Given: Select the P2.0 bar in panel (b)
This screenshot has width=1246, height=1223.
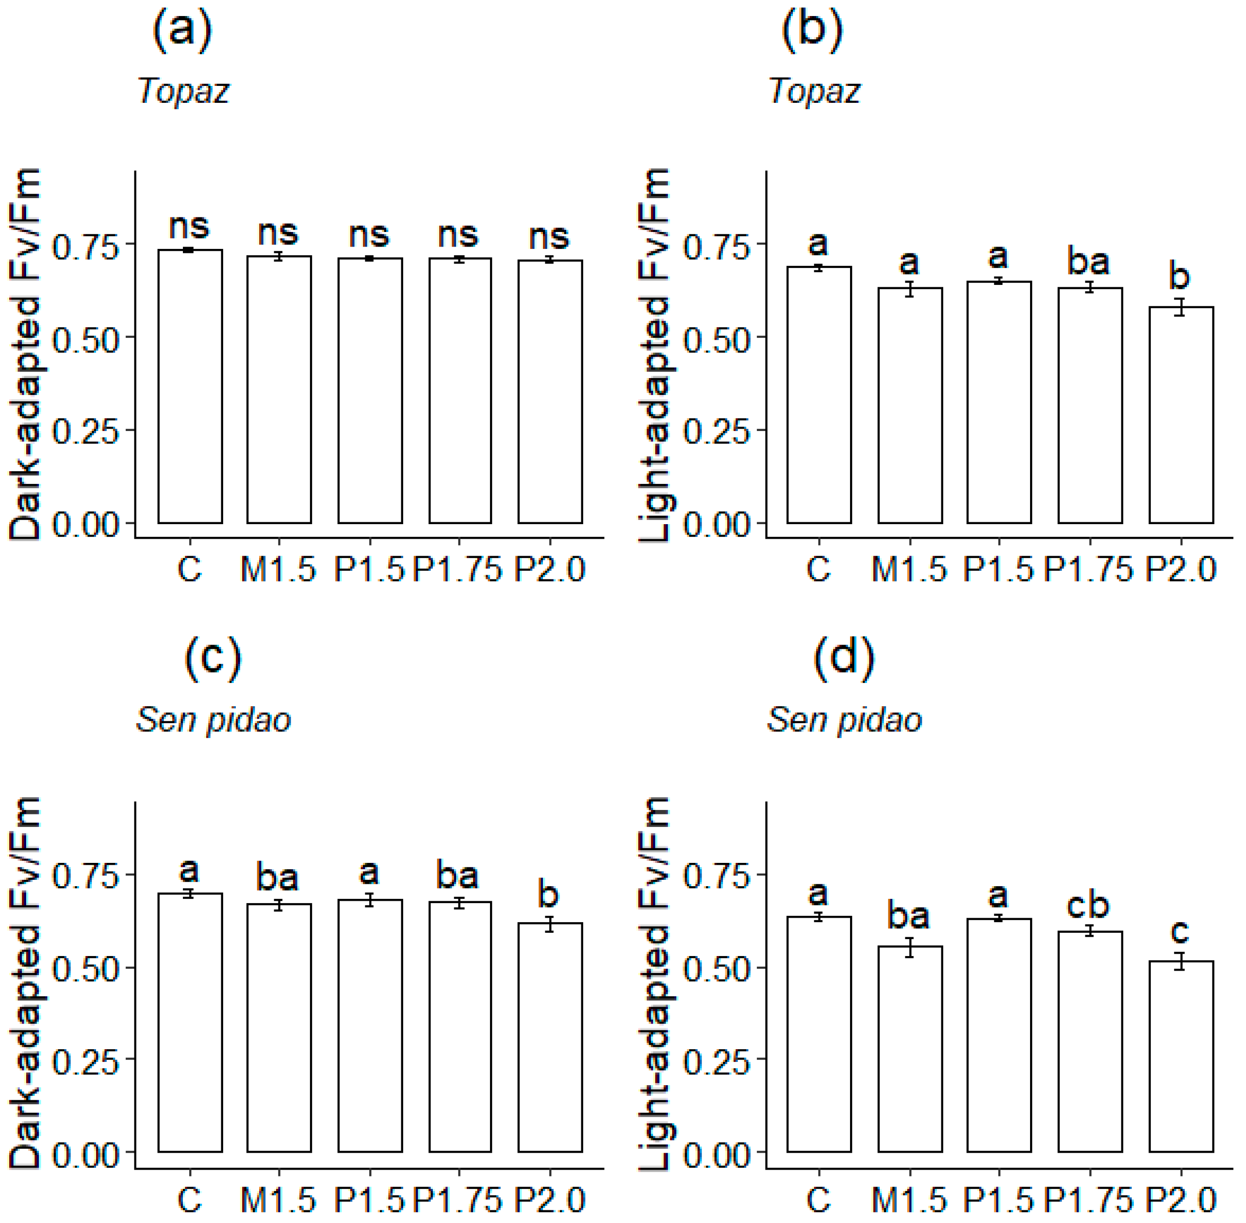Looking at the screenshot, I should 1180,415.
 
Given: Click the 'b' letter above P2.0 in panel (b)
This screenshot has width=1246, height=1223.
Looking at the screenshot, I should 1179,276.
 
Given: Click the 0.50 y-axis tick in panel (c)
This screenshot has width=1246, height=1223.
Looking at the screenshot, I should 85,969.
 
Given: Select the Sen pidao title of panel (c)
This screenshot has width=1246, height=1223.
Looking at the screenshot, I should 213,720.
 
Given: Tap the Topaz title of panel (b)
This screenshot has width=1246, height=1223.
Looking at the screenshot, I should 814,91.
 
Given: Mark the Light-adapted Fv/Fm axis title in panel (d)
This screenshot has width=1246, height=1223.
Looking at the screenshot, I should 655,983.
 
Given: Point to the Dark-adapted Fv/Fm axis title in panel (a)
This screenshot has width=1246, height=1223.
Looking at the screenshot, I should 26,353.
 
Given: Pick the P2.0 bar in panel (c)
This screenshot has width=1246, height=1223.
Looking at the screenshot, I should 550,1038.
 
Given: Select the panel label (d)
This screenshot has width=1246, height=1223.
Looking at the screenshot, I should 843,659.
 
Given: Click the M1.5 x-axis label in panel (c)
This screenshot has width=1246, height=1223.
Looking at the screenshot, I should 278,1199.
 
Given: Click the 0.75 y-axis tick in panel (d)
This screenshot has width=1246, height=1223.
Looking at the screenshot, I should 717,876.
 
